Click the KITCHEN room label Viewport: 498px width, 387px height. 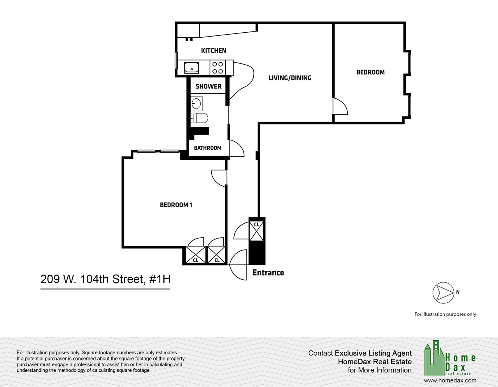(213, 51)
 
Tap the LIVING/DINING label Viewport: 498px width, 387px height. (290, 78)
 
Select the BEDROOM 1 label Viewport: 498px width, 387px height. (176, 205)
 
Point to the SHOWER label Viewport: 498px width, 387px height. (209, 86)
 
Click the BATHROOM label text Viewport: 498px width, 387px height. (207, 148)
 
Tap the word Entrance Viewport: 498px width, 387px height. (268, 273)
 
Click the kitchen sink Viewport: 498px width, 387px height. (191, 68)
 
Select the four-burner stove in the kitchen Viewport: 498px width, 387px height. (217, 68)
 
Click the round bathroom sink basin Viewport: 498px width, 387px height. (196, 104)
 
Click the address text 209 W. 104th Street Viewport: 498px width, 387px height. (105, 279)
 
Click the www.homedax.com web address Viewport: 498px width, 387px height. (450, 380)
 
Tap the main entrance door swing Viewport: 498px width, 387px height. (238, 264)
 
